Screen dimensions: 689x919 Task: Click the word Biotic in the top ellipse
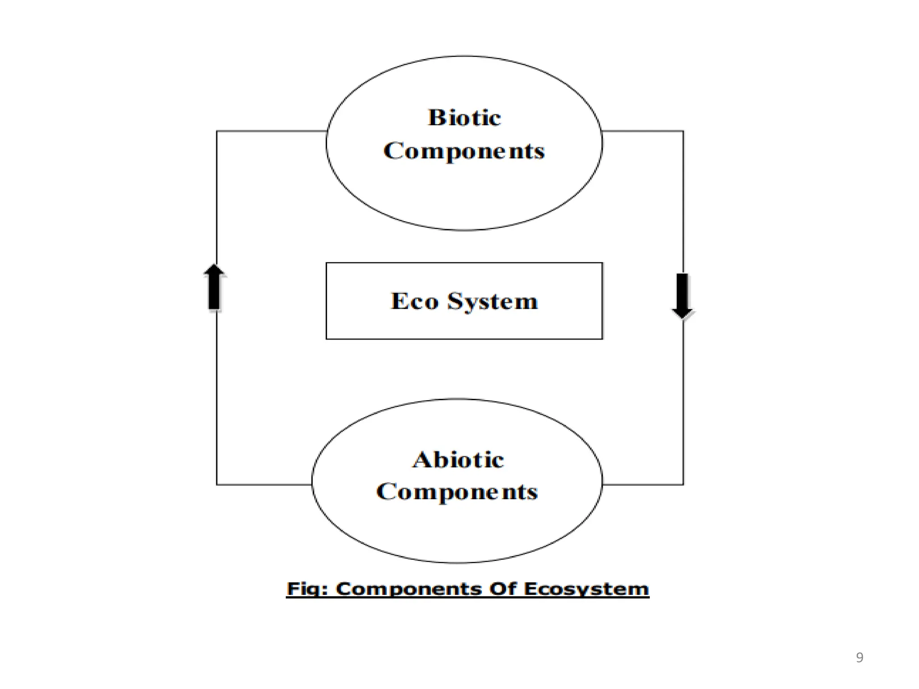point(464,118)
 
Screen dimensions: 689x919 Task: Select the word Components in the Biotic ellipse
point(464,151)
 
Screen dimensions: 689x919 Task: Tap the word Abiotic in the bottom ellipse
point(458,460)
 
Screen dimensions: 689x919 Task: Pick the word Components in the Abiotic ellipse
point(457,492)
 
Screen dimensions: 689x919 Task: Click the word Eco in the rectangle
point(415,301)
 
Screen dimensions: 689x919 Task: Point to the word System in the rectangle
point(492,301)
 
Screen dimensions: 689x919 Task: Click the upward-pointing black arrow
point(214,287)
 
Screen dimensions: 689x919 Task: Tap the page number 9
point(859,658)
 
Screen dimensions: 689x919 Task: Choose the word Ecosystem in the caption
point(586,589)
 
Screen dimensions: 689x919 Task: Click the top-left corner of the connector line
point(217,131)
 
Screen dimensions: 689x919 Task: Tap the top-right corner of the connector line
point(683,131)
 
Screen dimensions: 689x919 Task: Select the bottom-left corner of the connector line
point(217,484)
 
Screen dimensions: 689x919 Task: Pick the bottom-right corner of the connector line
point(683,484)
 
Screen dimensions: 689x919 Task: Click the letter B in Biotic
point(436,118)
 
